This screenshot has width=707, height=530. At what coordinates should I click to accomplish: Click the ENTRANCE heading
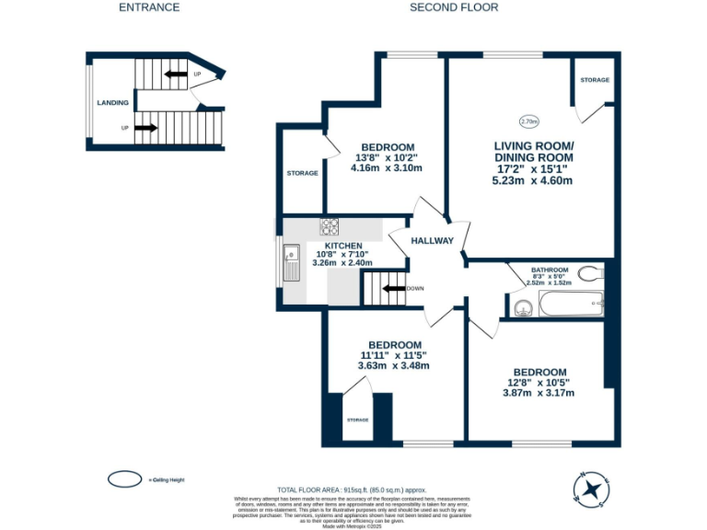coord(149,7)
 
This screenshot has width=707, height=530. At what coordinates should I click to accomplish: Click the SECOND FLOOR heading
coord(454,7)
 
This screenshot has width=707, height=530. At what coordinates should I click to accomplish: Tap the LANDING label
coord(112,102)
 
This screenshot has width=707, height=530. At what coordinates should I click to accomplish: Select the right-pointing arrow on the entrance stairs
coord(145,128)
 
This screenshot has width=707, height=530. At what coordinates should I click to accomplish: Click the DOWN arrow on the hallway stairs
coord(394,288)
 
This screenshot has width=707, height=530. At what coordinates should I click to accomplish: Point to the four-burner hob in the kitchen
coord(329,226)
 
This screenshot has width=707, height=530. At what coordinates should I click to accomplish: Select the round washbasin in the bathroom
coord(523,307)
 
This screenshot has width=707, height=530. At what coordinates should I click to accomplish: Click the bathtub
coord(569,303)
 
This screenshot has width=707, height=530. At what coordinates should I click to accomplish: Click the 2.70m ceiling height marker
coord(528,121)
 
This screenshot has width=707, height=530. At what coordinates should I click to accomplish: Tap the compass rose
coord(589,487)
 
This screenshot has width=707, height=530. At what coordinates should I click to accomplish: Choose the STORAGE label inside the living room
coord(594,80)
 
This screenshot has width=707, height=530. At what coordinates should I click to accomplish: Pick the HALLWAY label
coord(432,241)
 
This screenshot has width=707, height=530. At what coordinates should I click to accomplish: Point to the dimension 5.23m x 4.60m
coord(532,181)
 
